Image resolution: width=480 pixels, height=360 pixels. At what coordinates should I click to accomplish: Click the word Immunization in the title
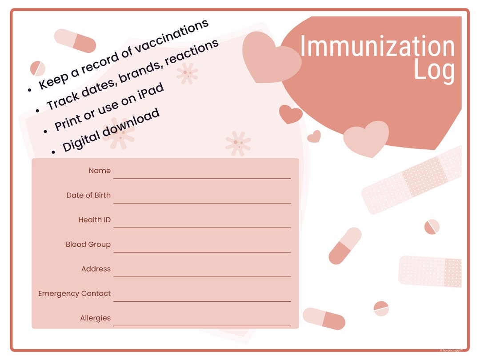click(377, 47)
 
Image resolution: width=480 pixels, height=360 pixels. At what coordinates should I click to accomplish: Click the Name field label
click(100, 171)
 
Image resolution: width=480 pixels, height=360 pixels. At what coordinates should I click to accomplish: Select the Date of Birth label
click(88, 195)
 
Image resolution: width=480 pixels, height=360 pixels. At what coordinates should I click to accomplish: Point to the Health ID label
click(94, 220)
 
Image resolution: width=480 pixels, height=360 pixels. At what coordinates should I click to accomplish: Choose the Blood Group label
click(88, 244)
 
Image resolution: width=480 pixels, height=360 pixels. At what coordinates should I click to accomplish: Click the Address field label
click(96, 269)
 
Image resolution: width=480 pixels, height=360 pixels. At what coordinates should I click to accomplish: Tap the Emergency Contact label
click(74, 293)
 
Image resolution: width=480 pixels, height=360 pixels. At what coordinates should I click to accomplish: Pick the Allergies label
click(95, 318)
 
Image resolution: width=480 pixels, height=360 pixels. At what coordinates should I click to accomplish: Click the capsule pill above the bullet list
click(75, 40)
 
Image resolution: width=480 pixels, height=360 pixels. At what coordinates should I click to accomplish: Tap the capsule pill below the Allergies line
click(324, 319)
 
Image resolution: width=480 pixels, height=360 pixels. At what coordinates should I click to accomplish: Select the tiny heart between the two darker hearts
click(314, 136)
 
